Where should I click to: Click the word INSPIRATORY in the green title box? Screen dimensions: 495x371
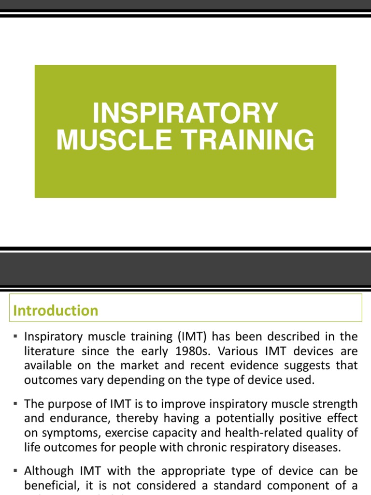185,113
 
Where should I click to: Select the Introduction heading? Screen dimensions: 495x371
56,310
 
